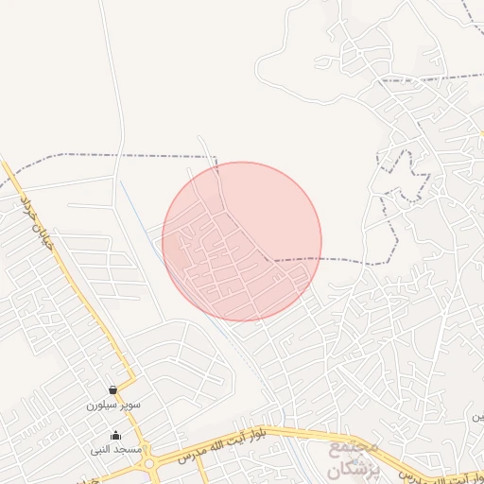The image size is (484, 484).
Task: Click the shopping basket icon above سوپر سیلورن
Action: point(113,390)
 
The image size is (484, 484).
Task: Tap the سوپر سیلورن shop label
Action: point(113,405)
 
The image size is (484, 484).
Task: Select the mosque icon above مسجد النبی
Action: point(115,436)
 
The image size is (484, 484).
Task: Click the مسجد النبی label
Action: point(116,449)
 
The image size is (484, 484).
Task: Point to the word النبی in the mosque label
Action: point(104,449)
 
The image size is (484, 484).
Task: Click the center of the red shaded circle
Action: point(242,241)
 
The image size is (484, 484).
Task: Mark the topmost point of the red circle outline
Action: point(242,162)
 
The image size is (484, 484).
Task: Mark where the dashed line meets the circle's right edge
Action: point(320,258)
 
